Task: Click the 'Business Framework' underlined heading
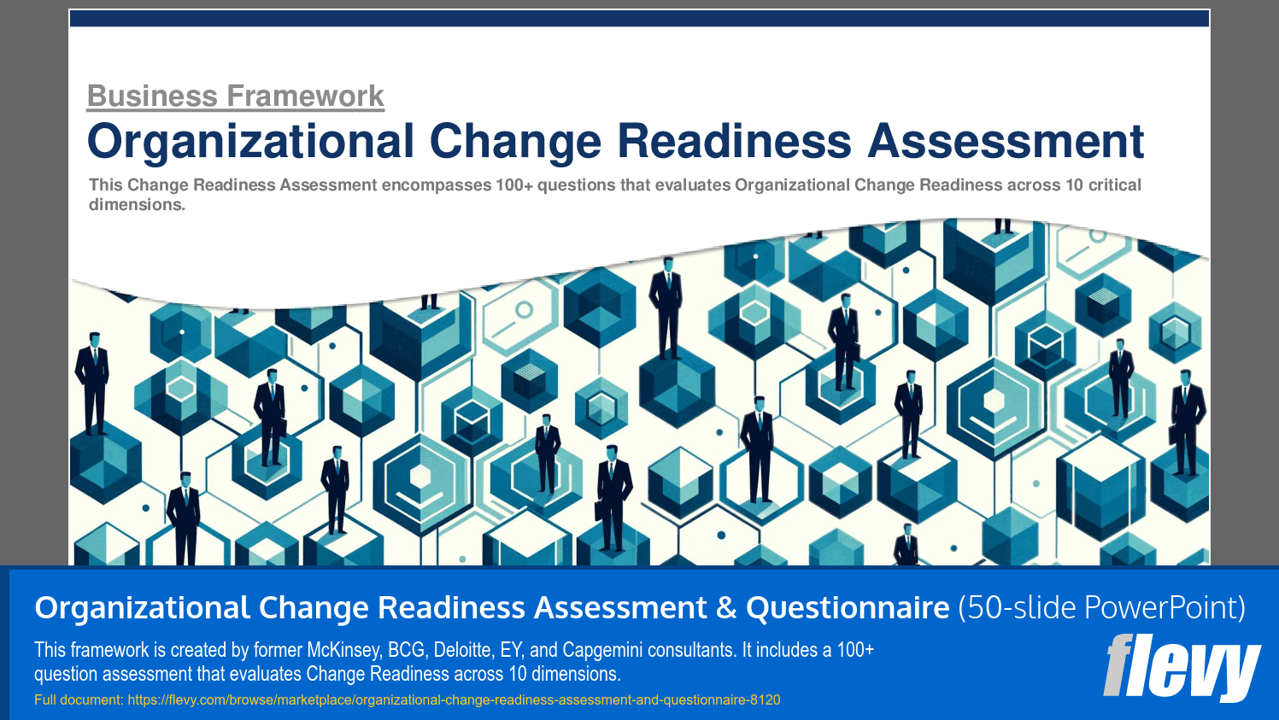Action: pyautogui.click(x=235, y=96)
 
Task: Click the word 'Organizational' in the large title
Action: pyautogui.click(x=250, y=142)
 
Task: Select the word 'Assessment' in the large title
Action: pyautogui.click(x=1006, y=142)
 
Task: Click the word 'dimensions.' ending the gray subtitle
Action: pyautogui.click(x=137, y=205)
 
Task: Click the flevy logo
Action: pyautogui.click(x=1181, y=668)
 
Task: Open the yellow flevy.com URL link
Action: pyautogui.click(x=454, y=700)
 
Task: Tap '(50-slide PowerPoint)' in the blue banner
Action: pyautogui.click(x=1101, y=607)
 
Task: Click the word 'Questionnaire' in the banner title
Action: pyautogui.click(x=848, y=607)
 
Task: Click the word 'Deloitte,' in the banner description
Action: pyautogui.click(x=466, y=650)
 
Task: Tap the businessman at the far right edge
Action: pyautogui.click(x=1186, y=423)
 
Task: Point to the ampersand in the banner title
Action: pyautogui.click(x=726, y=607)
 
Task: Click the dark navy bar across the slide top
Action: pyautogui.click(x=639, y=19)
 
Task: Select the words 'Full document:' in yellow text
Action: pyautogui.click(x=79, y=700)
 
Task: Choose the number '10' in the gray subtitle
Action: pyautogui.click(x=1074, y=185)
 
